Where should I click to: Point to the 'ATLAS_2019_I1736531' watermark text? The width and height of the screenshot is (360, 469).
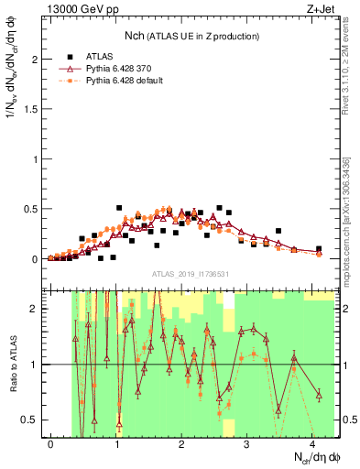coord(191,275)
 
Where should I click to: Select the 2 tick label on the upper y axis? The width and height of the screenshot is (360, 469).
coord(37,60)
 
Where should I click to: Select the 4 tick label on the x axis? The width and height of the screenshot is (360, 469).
coord(312,444)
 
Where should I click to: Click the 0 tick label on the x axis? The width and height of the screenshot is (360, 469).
coord(51,444)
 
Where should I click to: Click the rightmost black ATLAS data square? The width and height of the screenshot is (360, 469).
coord(319,248)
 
